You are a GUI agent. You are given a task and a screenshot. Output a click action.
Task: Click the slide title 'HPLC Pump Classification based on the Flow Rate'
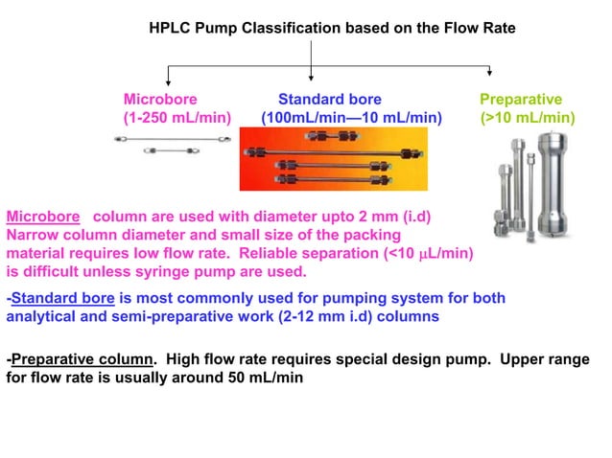tap(333, 29)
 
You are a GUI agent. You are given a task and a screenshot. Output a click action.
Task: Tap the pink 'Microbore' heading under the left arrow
tap(160, 100)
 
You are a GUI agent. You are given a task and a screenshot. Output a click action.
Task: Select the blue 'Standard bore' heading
tap(329, 100)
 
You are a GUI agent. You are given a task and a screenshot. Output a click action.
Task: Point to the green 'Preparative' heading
tap(521, 100)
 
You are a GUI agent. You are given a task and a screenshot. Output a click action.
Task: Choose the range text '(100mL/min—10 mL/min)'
tap(351, 119)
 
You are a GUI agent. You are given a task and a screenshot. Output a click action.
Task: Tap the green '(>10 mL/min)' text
tap(528, 119)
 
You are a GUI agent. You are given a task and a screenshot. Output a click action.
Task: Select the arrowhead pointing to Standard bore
tap(313, 77)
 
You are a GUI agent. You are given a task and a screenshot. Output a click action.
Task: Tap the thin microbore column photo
tap(173, 145)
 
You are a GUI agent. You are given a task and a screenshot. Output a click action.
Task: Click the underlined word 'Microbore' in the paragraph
tap(42, 216)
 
